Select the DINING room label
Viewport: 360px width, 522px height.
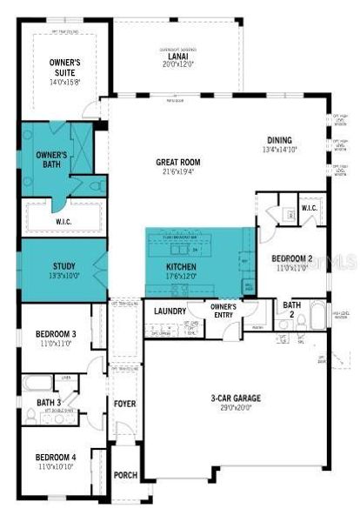(x=279, y=139)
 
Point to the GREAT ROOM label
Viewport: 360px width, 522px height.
(x=178, y=162)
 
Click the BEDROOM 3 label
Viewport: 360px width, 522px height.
(x=56, y=335)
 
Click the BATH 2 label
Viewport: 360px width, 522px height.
(x=290, y=309)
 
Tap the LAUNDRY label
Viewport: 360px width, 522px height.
(x=170, y=311)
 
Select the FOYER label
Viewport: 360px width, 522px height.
(x=125, y=404)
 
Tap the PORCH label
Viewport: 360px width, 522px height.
(x=125, y=476)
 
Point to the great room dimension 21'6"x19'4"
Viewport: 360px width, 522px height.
(x=178, y=173)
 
